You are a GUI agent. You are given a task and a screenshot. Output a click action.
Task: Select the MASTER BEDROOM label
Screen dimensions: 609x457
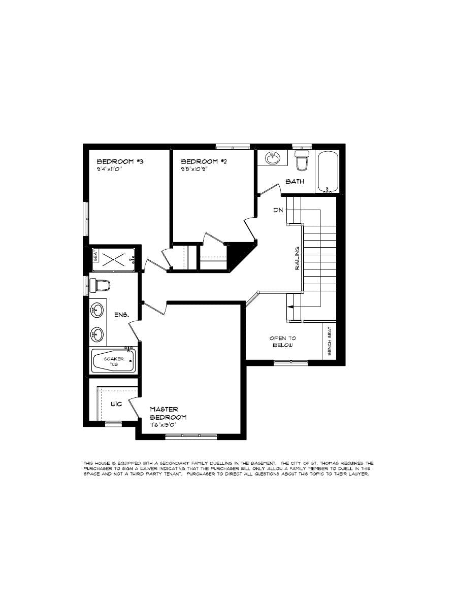(168, 413)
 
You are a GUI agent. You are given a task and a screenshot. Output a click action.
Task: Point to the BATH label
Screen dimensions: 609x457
(295, 181)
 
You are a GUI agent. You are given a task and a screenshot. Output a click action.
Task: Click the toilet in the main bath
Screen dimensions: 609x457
(303, 161)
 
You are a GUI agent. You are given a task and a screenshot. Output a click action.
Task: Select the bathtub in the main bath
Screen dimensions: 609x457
(328, 172)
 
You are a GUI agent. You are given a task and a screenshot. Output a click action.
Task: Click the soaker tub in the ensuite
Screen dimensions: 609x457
(113, 361)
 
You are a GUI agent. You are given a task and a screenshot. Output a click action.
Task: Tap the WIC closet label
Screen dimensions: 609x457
(117, 405)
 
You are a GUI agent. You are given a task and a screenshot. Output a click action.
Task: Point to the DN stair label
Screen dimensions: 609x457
(277, 210)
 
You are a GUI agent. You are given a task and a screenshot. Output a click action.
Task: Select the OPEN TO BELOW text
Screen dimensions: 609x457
(283, 342)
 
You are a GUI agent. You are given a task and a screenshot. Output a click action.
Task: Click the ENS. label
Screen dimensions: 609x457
(121, 315)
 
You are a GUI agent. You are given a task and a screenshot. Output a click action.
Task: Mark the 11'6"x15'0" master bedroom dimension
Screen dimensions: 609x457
(168, 425)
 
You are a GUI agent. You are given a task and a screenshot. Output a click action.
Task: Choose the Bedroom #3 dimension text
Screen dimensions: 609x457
(110, 170)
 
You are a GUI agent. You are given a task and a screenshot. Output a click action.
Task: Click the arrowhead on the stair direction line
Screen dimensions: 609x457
(290, 307)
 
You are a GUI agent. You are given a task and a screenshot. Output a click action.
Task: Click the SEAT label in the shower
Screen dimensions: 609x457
(95, 255)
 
